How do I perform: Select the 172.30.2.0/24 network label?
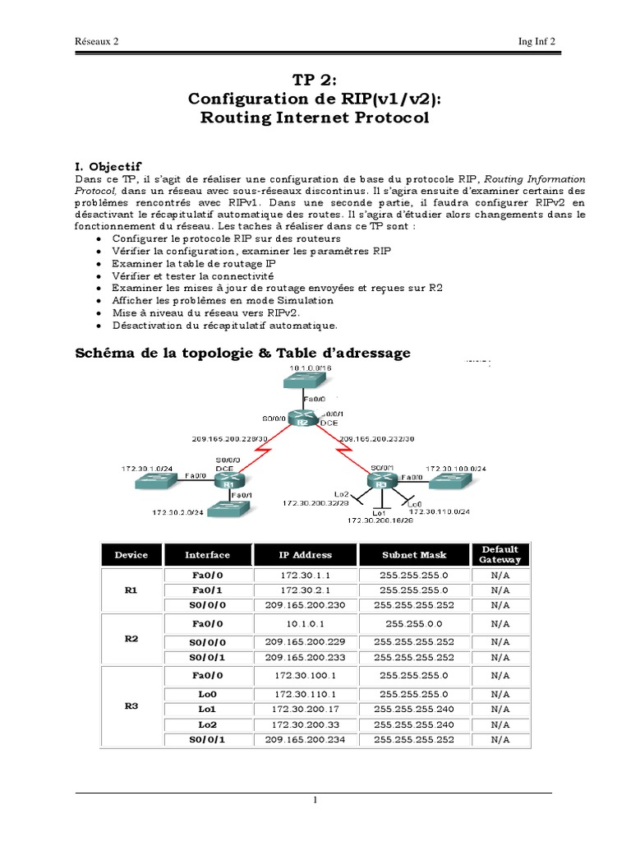(x=178, y=512)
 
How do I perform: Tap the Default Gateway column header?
(x=500, y=554)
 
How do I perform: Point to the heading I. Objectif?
(x=108, y=166)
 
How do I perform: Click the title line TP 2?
(x=315, y=79)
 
